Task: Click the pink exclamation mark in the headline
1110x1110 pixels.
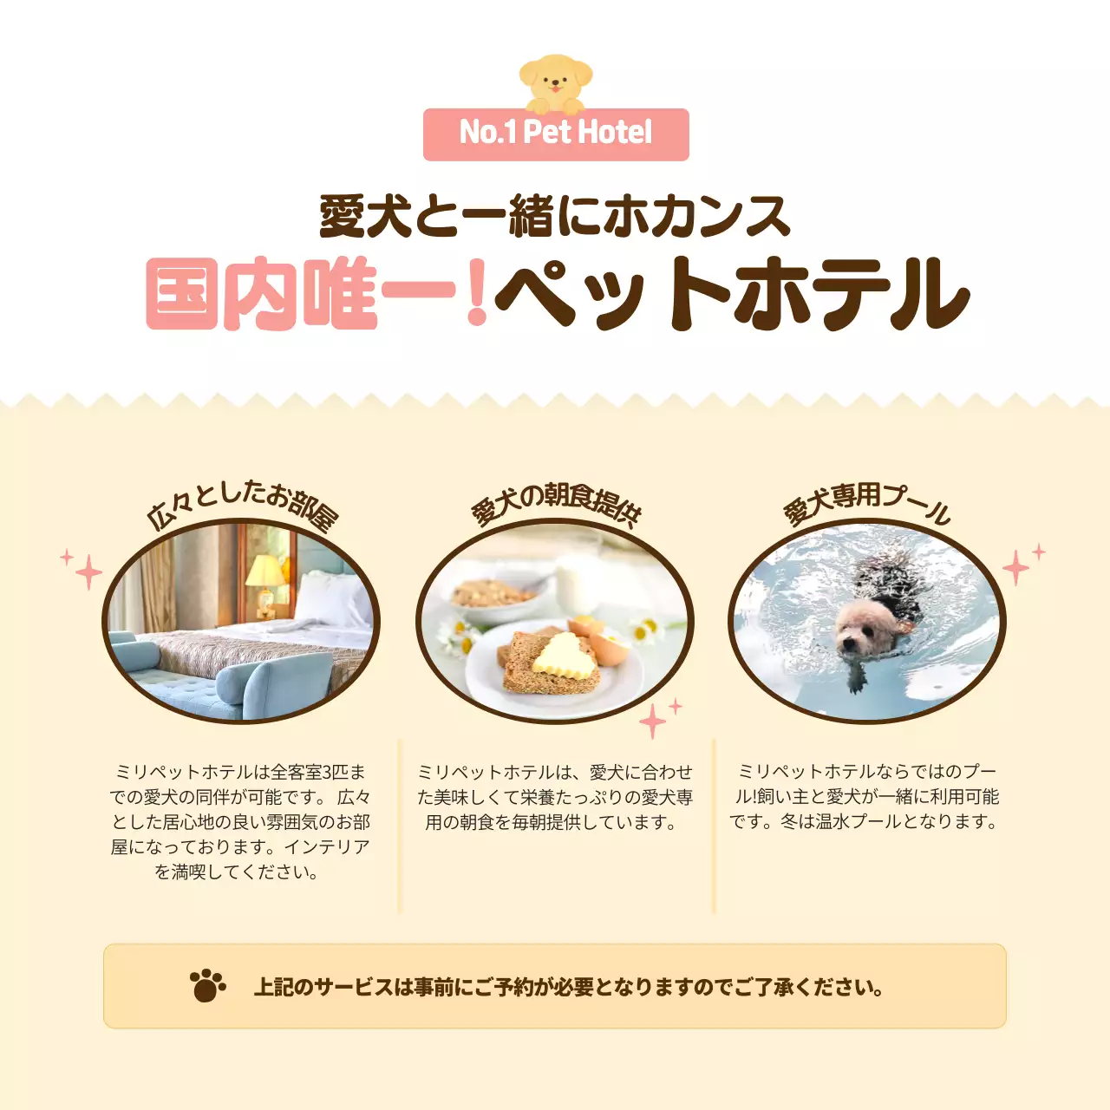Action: coord(476,292)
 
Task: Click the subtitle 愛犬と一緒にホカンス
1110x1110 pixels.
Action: coord(555,216)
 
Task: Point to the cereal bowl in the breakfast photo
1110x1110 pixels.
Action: coord(494,598)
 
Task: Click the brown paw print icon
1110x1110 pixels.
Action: coord(207,986)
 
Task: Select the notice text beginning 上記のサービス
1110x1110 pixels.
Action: coord(569,987)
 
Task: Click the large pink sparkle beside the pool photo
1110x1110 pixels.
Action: coord(1015,568)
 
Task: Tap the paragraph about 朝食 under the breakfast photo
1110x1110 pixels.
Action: coord(555,797)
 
